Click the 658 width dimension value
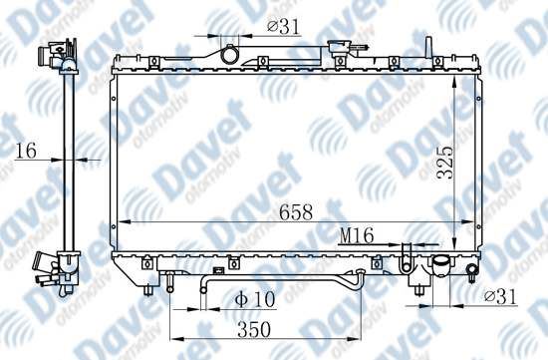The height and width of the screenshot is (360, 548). (x=296, y=212)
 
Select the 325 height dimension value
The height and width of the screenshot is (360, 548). (x=445, y=163)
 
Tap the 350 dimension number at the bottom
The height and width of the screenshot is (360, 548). (x=254, y=329)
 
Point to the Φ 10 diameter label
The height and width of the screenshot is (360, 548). (x=255, y=299)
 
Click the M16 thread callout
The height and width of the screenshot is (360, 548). (x=357, y=235)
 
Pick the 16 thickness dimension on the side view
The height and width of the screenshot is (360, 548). (x=26, y=151)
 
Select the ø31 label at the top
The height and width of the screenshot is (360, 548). (x=283, y=27)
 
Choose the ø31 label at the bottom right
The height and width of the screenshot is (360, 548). (x=500, y=297)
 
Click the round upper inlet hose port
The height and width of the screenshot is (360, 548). (x=229, y=55)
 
